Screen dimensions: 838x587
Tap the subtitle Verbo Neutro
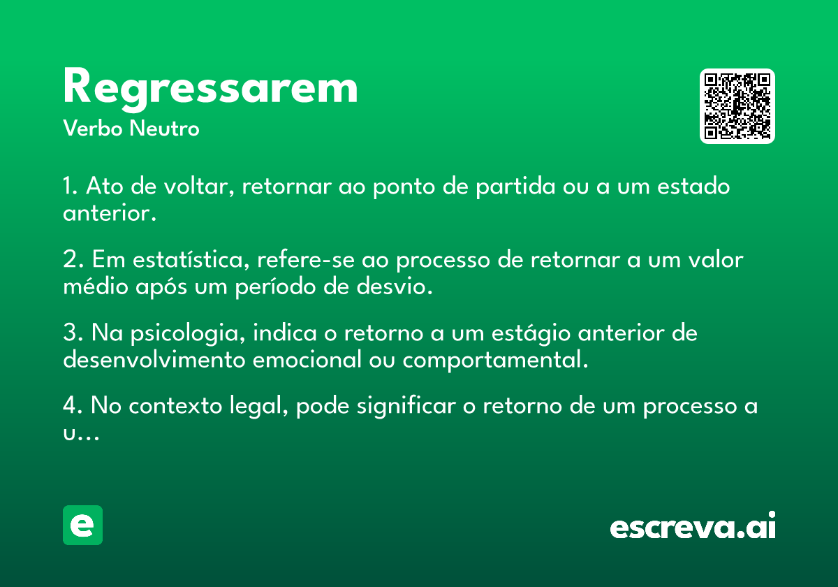click(131, 128)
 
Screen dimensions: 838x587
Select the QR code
click(737, 106)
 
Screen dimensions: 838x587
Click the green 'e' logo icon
click(82, 525)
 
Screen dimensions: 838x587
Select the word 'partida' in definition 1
click(515, 187)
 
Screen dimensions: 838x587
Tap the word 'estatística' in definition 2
click(191, 259)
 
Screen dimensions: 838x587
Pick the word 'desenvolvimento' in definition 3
click(154, 359)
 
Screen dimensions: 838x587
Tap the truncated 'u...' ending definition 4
click(81, 434)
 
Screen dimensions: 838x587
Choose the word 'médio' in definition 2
click(96, 287)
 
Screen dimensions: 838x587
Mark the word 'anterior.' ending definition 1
click(110, 213)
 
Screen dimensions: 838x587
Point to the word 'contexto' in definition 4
click(175, 406)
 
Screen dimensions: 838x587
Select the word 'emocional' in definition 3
click(307, 359)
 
